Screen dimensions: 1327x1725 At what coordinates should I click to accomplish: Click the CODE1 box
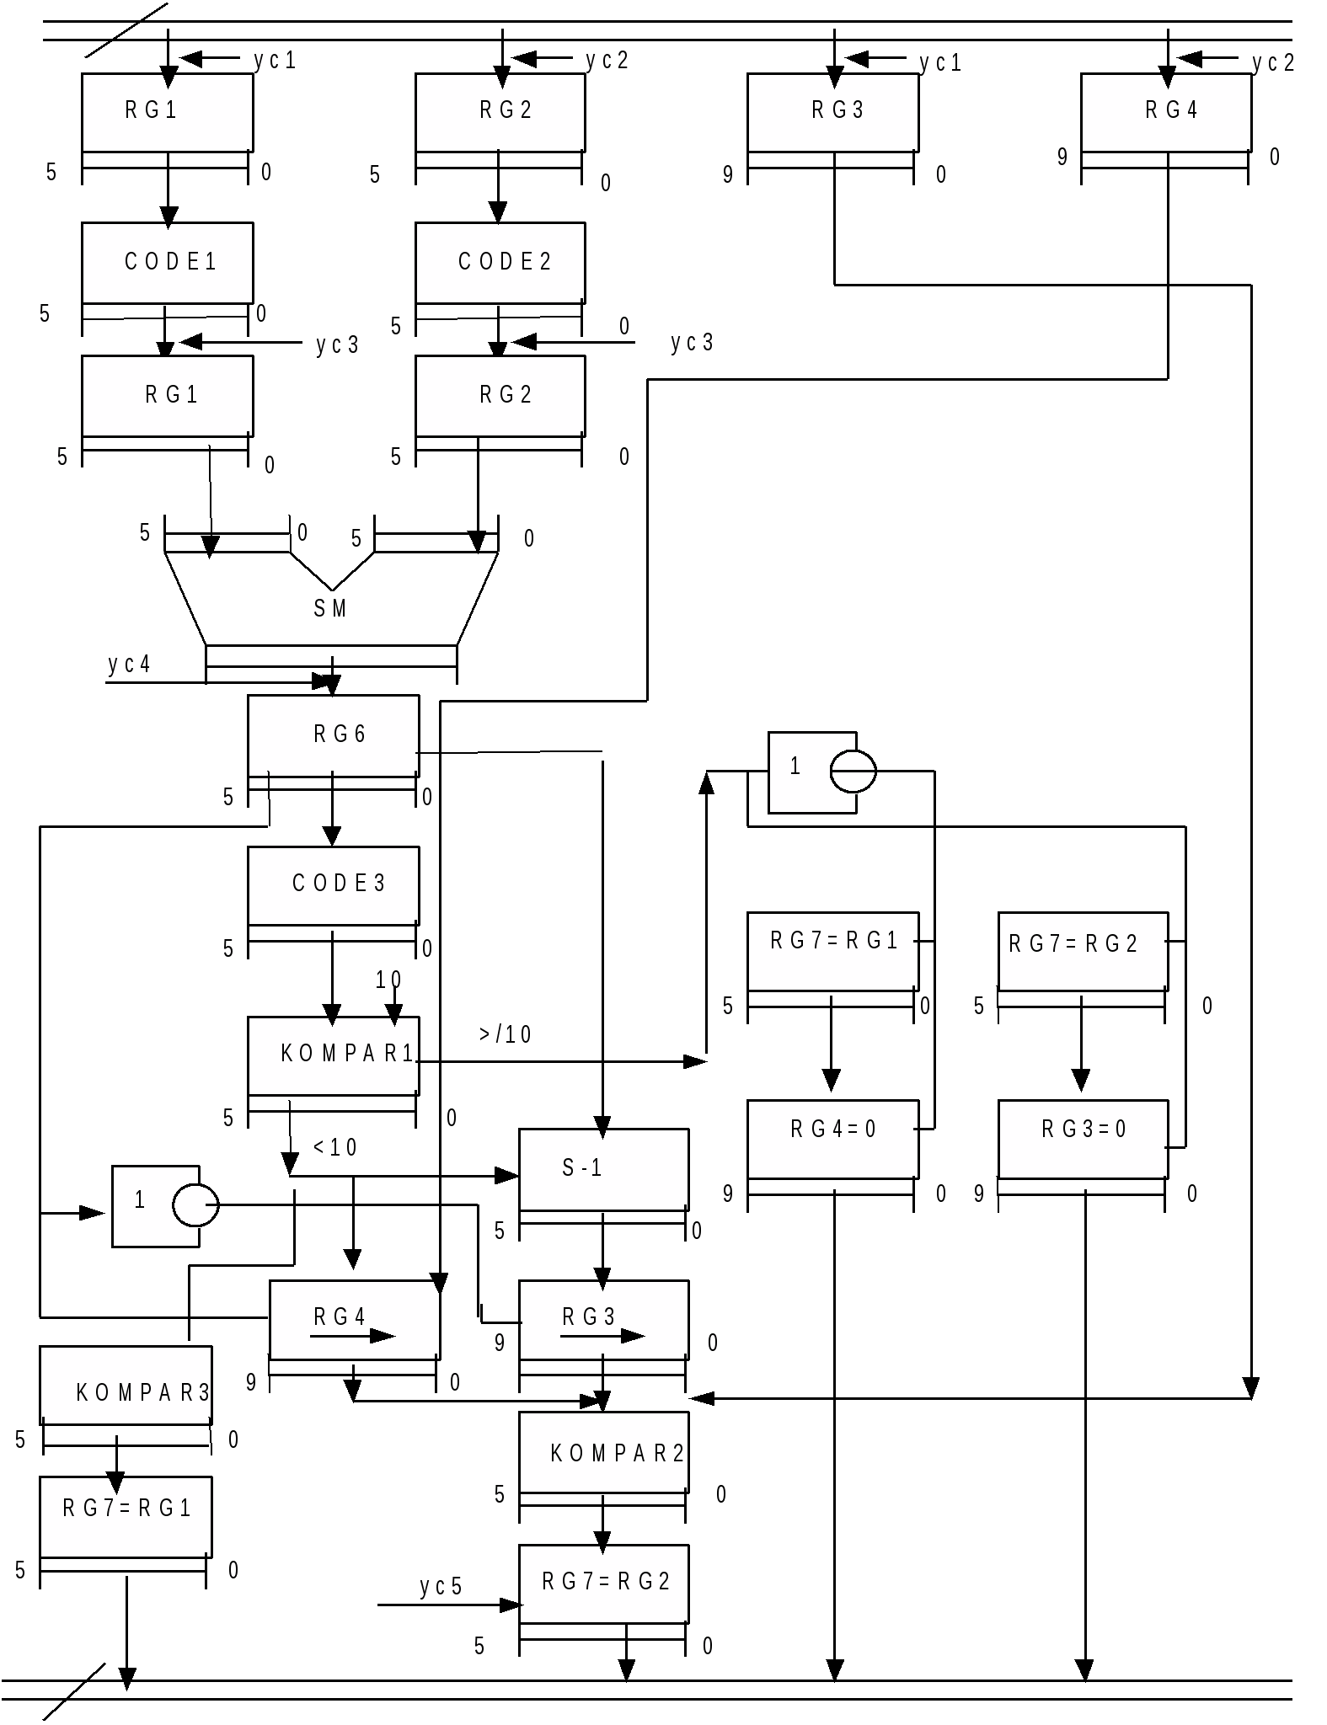click(x=168, y=262)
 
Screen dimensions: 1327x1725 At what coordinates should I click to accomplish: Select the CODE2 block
click(x=500, y=262)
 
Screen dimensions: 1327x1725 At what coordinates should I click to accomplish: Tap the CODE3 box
click(x=334, y=884)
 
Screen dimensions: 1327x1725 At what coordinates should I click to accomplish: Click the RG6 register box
click(x=334, y=734)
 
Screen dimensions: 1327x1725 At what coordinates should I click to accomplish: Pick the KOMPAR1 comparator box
click(x=334, y=1055)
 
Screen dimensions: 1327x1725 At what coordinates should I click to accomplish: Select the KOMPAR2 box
click(x=604, y=1452)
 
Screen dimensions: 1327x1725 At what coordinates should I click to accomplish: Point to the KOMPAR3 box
click(x=126, y=1386)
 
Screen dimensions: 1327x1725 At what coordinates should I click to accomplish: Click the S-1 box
click(x=604, y=1168)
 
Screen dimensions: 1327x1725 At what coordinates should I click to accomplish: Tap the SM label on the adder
click(x=330, y=608)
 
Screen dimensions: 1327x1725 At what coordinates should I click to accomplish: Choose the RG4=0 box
click(x=832, y=1138)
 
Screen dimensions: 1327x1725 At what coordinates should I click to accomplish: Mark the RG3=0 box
click(x=1084, y=1138)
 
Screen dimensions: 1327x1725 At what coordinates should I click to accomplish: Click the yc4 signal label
click(x=129, y=665)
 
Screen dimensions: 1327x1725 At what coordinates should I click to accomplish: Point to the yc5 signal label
click(x=441, y=1586)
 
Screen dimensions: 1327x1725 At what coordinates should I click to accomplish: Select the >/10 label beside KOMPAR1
click(x=506, y=1034)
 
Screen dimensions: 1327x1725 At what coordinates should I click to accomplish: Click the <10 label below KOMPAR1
click(x=335, y=1147)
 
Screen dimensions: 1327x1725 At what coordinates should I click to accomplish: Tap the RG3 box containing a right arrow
click(x=604, y=1319)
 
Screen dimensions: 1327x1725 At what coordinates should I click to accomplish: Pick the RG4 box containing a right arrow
click(x=355, y=1319)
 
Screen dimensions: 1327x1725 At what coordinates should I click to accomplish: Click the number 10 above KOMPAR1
click(x=388, y=980)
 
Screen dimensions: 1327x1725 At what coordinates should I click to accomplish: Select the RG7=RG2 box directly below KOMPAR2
click(x=604, y=1583)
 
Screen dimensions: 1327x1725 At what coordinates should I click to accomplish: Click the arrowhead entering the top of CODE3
click(x=332, y=837)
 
